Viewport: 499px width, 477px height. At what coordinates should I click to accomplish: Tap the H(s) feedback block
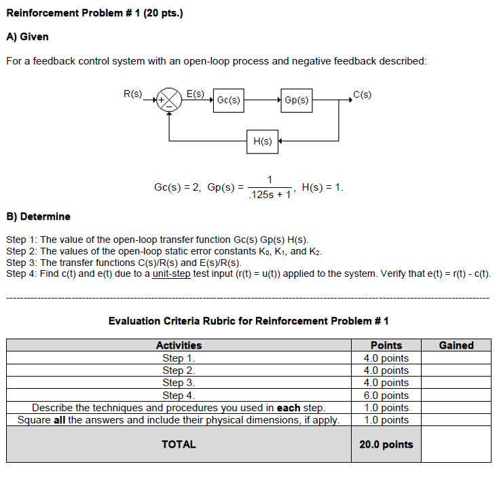click(262, 141)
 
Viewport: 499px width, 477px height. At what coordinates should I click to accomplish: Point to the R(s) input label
click(132, 94)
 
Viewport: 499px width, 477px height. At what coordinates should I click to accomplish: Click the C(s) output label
click(363, 94)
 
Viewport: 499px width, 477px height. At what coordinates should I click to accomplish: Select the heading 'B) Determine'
click(38, 216)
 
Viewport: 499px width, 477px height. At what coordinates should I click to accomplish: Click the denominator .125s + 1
click(270, 195)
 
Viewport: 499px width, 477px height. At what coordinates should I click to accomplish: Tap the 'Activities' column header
click(179, 345)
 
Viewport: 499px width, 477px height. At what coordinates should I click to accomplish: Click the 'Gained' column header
click(456, 345)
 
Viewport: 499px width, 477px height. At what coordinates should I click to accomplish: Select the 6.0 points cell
click(386, 395)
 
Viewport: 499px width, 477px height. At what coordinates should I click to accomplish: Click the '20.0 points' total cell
click(386, 444)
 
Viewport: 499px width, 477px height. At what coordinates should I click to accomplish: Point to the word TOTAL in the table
click(179, 444)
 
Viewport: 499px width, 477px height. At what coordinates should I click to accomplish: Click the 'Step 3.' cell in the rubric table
click(179, 383)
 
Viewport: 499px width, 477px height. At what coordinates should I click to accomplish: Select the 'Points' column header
click(386, 345)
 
